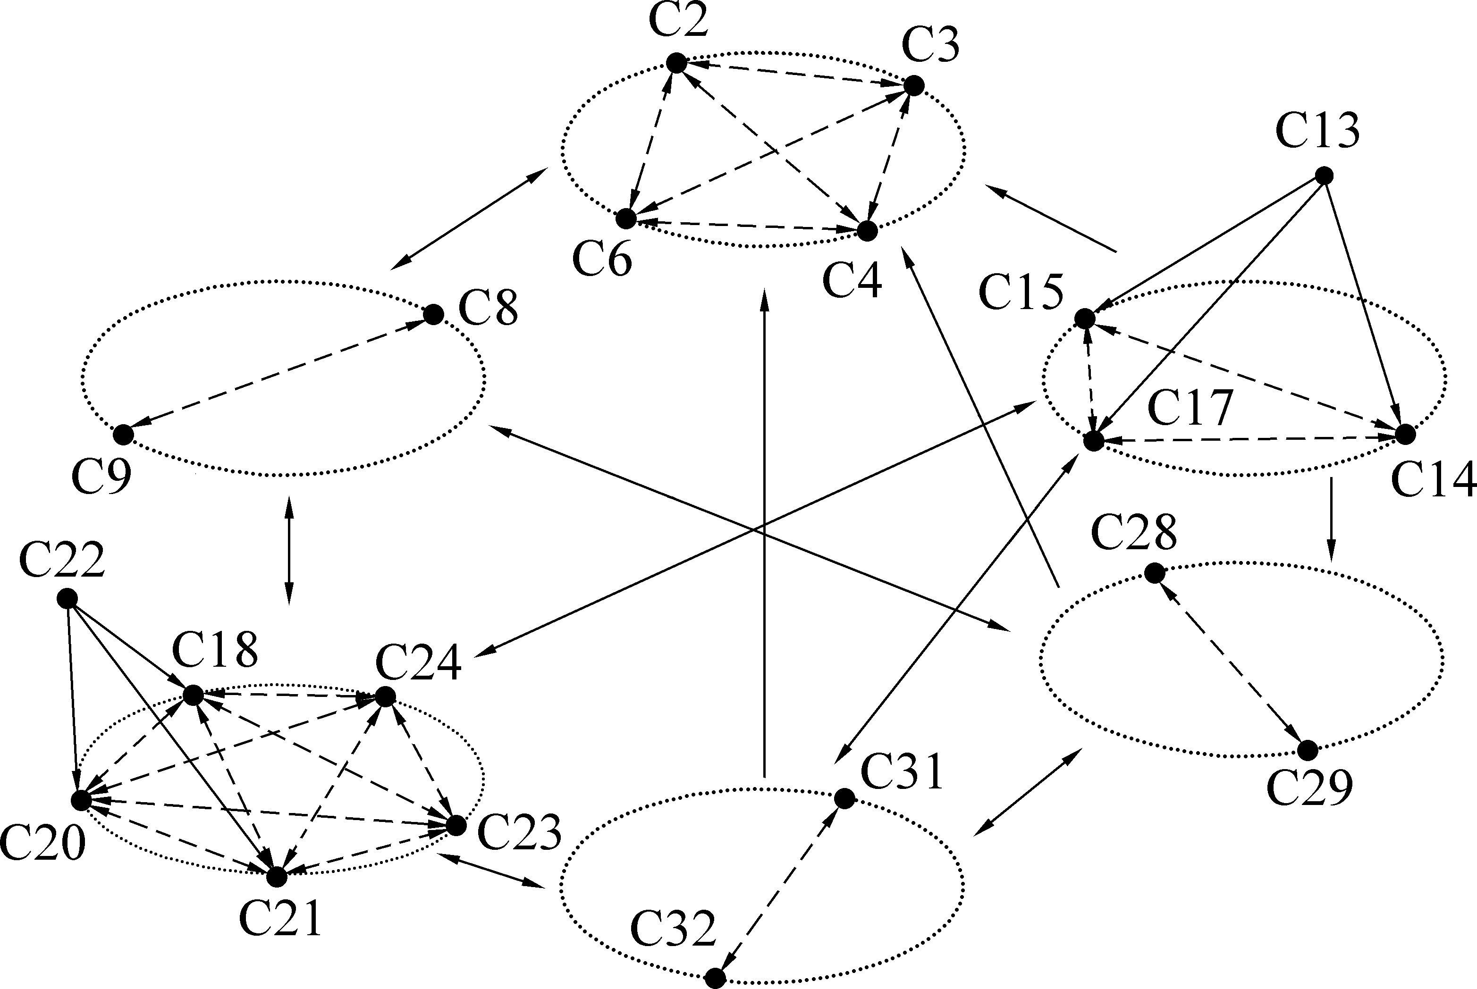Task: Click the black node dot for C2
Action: coord(676,63)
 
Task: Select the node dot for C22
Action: coord(67,598)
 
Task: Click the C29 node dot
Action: coord(1307,751)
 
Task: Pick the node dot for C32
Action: coord(715,978)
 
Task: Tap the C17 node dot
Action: coord(1093,441)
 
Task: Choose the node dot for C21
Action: coord(276,877)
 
